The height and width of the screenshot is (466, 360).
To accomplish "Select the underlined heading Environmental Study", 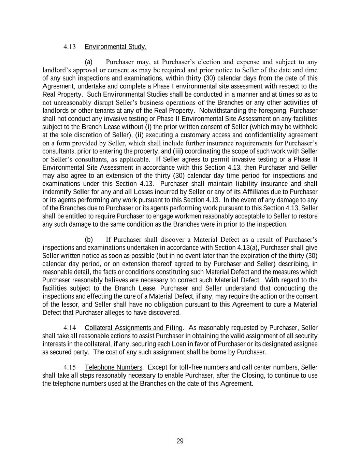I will pos(115,47).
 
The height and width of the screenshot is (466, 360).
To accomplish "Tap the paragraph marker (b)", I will pos(89,239).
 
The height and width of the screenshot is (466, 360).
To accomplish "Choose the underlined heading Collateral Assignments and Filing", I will pos(133,328).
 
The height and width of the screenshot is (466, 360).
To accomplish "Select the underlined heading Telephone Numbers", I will pos(113,367).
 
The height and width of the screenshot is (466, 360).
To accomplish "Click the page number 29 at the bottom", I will pos(180,441).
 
